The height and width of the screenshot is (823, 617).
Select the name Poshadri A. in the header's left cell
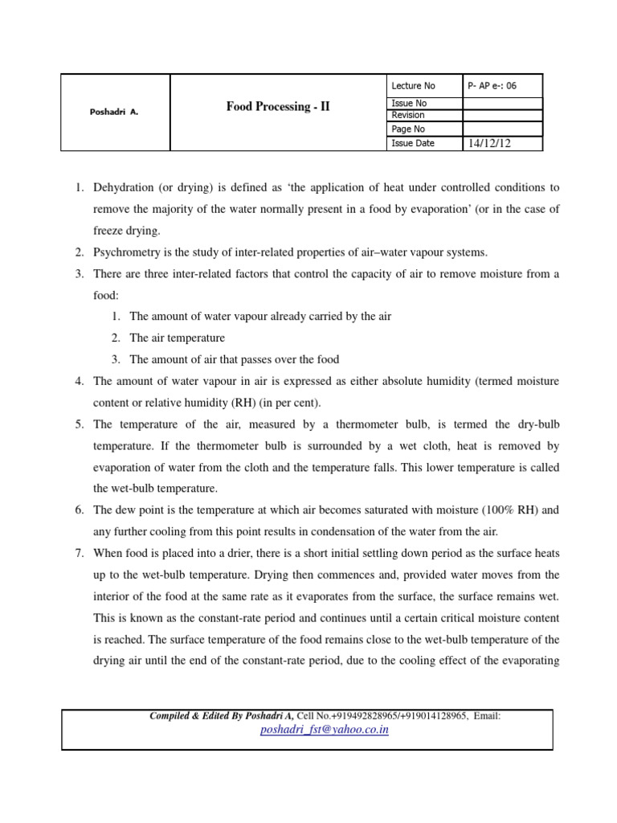114,113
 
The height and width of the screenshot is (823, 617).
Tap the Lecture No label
413,86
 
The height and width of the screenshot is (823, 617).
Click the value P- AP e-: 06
493,86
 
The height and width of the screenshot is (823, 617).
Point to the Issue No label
409,104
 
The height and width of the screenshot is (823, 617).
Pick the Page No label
408,129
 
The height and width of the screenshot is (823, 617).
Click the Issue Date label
413,143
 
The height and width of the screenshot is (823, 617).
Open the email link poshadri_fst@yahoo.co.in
325,730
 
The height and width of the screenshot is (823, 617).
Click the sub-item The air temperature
177,338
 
